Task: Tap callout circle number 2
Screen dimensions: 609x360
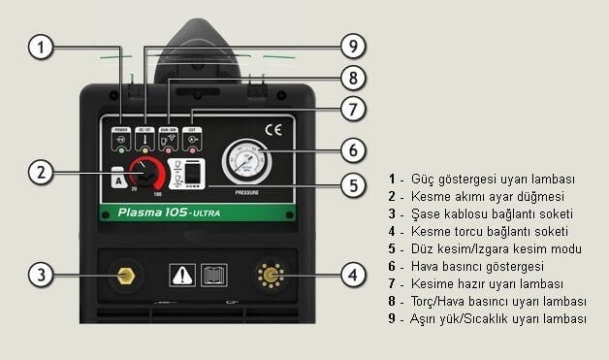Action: pos(40,174)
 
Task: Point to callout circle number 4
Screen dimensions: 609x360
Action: pos(353,275)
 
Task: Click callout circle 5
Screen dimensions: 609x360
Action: pos(354,184)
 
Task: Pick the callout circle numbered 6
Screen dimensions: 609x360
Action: pos(354,149)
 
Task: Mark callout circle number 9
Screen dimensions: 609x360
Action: pos(354,45)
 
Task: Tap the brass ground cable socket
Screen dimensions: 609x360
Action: pos(124,275)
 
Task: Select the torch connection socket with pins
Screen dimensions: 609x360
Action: pos(270,275)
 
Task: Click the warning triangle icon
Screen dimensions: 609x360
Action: pos(180,276)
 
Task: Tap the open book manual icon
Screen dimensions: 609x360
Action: pos(212,276)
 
